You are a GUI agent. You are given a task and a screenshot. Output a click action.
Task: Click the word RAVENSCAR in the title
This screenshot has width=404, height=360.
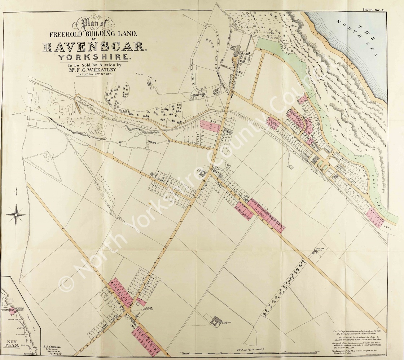click(x=94, y=47)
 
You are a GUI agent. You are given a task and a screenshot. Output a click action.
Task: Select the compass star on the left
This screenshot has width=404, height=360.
click(x=16, y=215)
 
